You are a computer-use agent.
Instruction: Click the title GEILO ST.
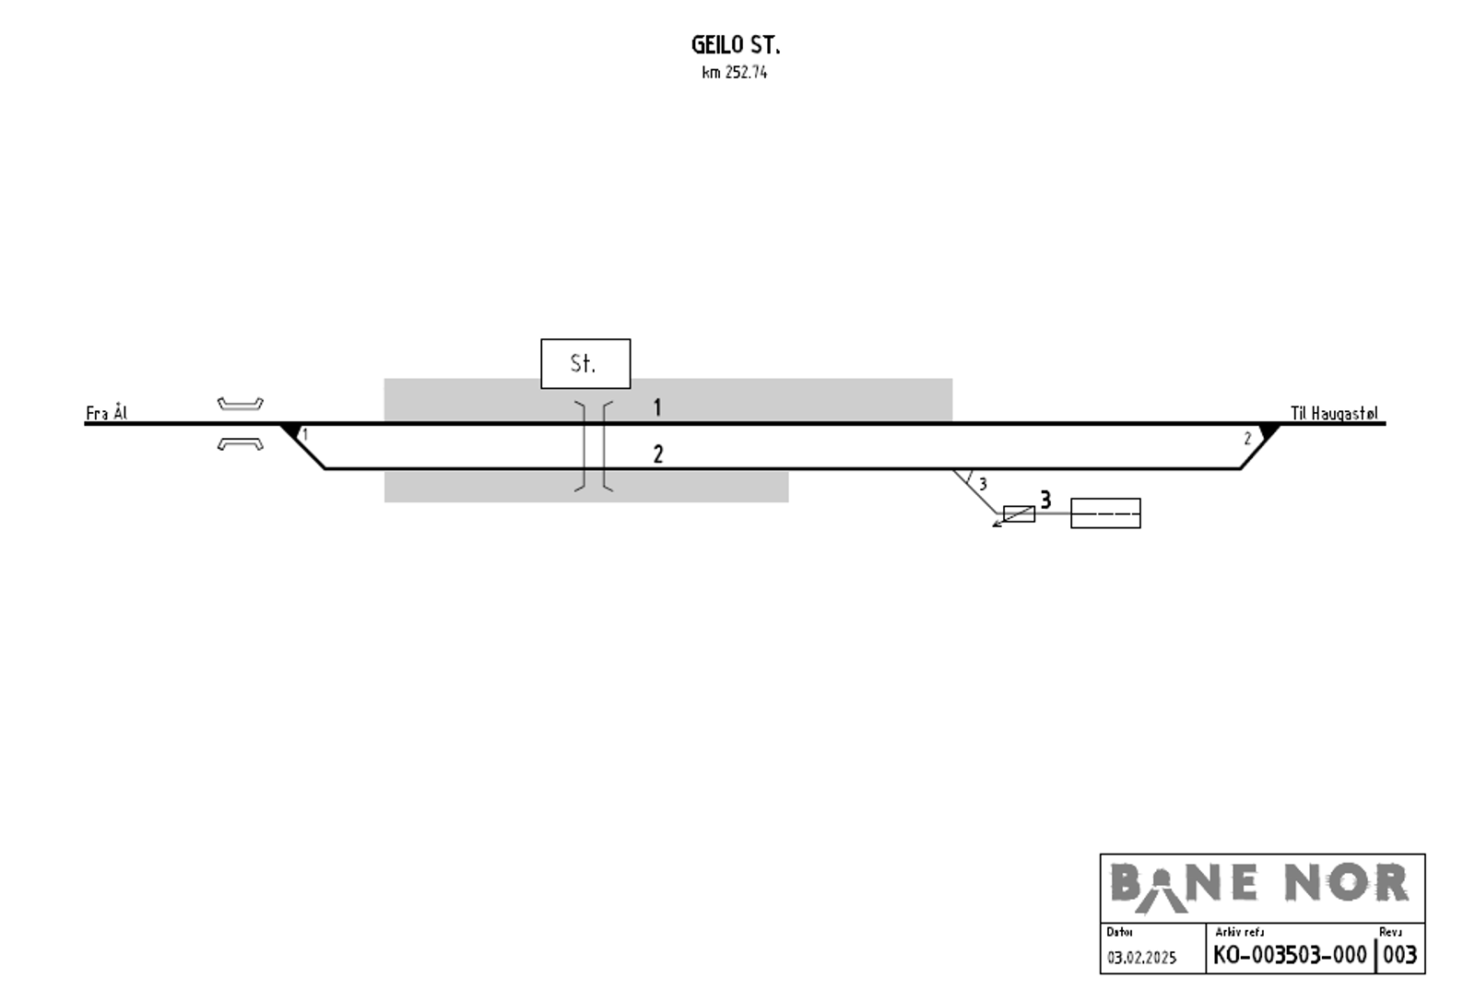point(736,45)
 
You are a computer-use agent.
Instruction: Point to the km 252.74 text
point(734,73)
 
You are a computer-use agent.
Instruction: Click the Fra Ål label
point(106,413)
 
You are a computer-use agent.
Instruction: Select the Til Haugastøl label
point(1333,413)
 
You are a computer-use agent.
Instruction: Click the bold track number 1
point(657,407)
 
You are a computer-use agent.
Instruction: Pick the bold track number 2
point(658,454)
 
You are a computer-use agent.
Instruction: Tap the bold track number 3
point(1045,500)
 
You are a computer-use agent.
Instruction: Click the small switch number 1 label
point(304,434)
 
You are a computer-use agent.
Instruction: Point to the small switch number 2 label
point(1247,439)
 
